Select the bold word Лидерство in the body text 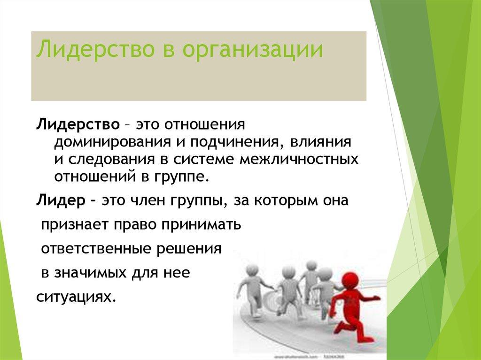[x=77, y=125]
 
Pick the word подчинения [x=229, y=142]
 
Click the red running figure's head [x=349, y=281]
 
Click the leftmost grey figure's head [x=252, y=270]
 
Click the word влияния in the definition [x=320, y=141]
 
